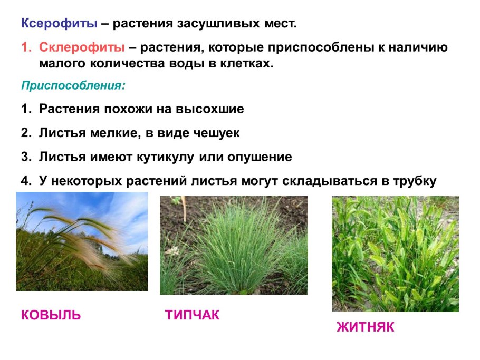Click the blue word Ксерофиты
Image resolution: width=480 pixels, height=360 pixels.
click(x=59, y=24)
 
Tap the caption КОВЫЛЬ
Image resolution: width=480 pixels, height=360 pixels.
click(x=51, y=315)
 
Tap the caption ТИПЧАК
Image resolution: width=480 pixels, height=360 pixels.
click(x=192, y=315)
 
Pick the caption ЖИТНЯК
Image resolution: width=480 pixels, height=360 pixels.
click(x=366, y=327)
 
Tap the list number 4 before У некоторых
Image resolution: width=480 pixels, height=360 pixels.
click(x=25, y=181)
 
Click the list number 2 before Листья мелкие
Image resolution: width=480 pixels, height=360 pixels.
click(x=25, y=133)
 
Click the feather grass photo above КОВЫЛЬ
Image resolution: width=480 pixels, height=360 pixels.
click(x=82, y=241)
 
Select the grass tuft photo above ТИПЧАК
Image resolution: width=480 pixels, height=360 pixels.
click(x=234, y=246)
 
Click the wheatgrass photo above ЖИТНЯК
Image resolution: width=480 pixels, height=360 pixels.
click(x=395, y=254)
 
